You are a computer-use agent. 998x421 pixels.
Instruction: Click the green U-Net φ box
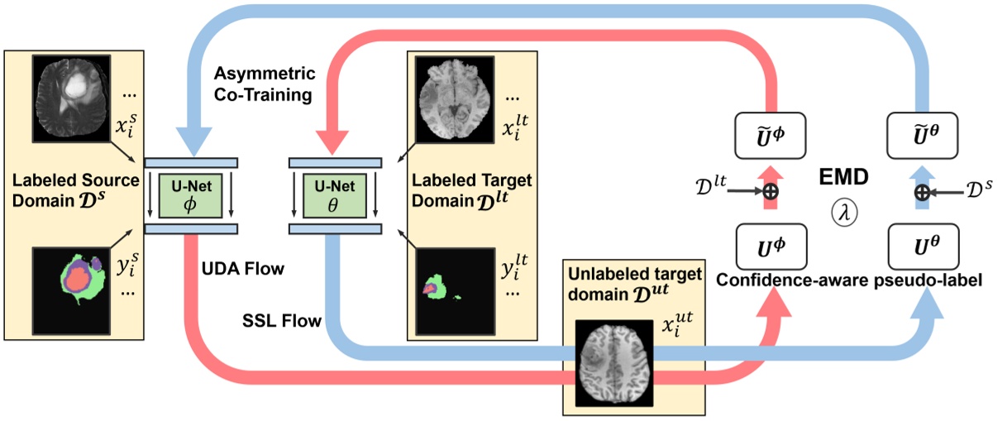tap(191, 194)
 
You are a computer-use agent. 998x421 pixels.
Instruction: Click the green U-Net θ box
tap(333, 194)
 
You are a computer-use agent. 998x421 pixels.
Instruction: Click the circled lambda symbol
tap(844, 213)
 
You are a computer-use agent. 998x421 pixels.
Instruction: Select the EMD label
tap(844, 178)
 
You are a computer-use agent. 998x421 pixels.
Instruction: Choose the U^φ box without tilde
tap(769, 245)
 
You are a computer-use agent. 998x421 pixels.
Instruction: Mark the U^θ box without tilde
tap(920, 245)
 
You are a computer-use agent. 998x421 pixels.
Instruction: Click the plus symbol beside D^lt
tap(770, 191)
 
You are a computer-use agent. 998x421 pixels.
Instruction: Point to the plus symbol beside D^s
tap(920, 191)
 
